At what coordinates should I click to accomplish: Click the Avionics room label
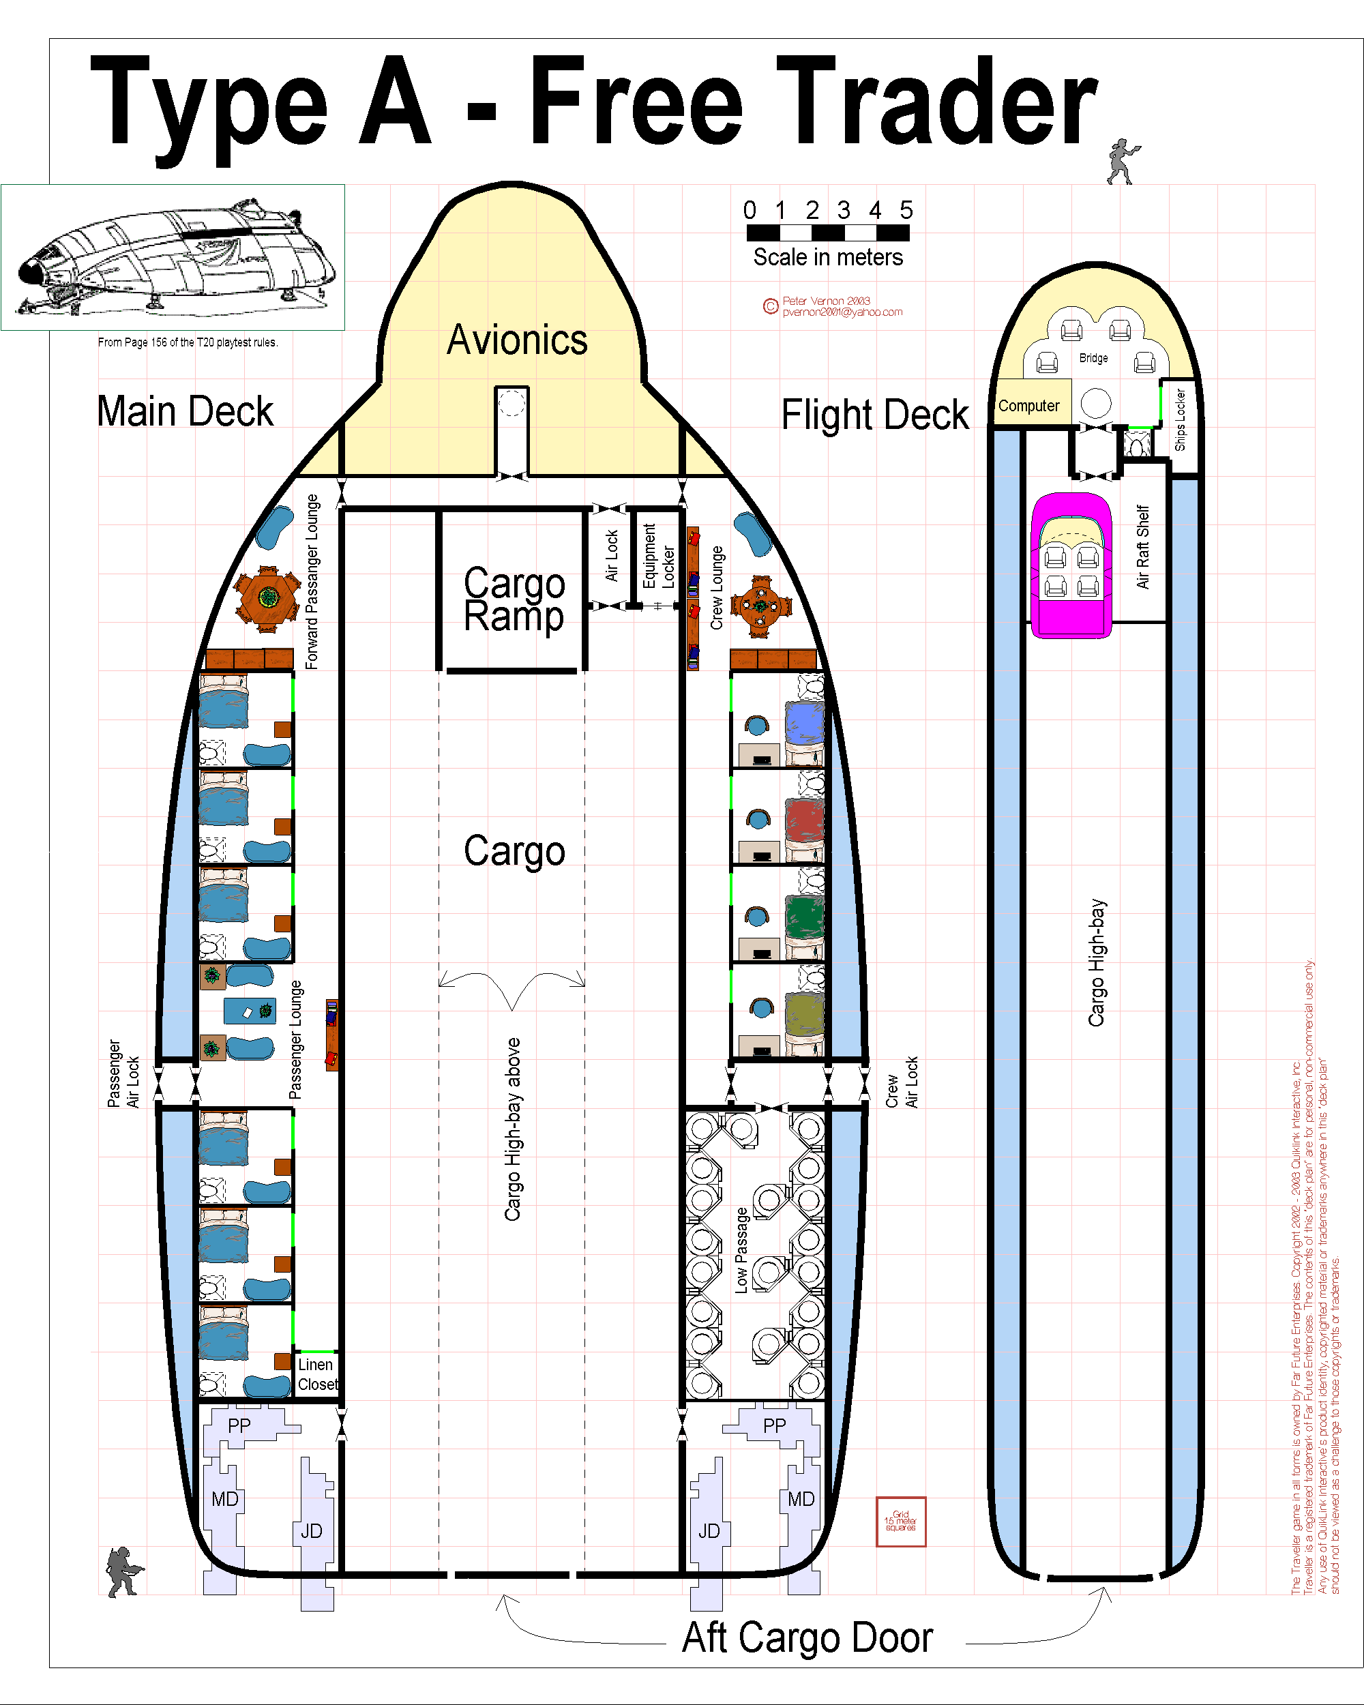pyautogui.click(x=517, y=340)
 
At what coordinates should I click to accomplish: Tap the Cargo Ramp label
pyautogui.click(x=514, y=599)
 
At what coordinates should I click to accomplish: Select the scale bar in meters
pyautogui.click(x=828, y=233)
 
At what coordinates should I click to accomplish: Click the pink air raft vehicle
pyautogui.click(x=1071, y=565)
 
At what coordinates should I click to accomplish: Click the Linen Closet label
pyautogui.click(x=317, y=1374)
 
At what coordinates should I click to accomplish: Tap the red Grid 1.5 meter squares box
pyautogui.click(x=901, y=1521)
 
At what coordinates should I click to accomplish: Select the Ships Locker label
pyautogui.click(x=1181, y=420)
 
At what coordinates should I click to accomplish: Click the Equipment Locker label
pyautogui.click(x=658, y=555)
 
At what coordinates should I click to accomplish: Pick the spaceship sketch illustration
pyautogui.click(x=173, y=257)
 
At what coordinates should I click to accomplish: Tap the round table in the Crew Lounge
pyautogui.click(x=760, y=606)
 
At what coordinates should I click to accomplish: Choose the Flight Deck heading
pyautogui.click(x=874, y=415)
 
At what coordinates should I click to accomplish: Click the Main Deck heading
pyautogui.click(x=185, y=412)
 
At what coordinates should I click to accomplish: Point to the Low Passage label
pyautogui.click(x=741, y=1250)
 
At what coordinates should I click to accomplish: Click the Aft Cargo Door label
pyautogui.click(x=807, y=1637)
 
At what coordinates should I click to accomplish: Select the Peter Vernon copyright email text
pyautogui.click(x=842, y=312)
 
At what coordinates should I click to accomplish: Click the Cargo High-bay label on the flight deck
pyautogui.click(x=1097, y=963)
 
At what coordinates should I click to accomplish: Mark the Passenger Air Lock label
pyautogui.click(x=123, y=1073)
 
